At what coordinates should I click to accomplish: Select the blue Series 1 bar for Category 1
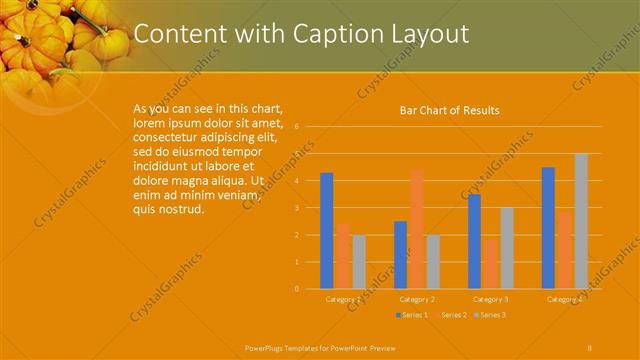pos(326,230)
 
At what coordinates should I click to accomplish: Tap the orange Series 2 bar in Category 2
pos(416,229)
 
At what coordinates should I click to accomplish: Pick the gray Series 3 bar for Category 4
pos(581,221)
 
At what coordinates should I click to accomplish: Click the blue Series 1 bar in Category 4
pos(548,227)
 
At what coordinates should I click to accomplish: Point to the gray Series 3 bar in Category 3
pos(507,247)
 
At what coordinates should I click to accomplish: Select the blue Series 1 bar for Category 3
pos(475,241)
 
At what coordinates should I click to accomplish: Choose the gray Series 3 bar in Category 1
pos(359,261)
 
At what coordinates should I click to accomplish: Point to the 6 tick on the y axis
pos(297,127)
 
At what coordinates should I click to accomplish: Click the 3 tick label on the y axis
pos(297,208)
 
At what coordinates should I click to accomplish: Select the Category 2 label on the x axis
pos(417,299)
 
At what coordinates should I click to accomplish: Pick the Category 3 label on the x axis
pos(491,299)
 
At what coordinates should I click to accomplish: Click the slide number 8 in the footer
pos(590,347)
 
